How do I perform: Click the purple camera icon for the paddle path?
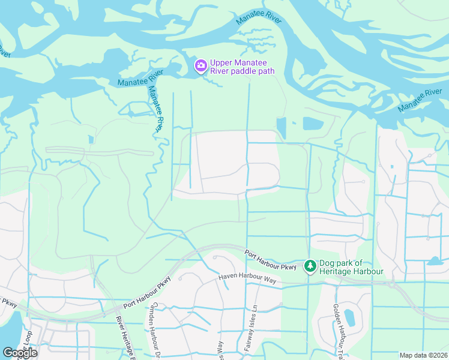point(200,66)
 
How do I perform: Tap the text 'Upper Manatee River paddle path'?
point(243,66)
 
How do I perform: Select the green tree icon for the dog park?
point(310,265)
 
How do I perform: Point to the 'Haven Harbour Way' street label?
point(246,281)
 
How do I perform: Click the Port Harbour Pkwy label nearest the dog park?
point(271,259)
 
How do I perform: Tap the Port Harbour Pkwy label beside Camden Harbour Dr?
point(147,292)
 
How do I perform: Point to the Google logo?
point(20,353)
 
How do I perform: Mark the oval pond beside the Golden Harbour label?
point(349,317)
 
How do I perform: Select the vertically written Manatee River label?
point(155,108)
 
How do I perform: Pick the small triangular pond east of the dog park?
point(435,261)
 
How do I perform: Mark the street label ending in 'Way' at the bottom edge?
point(220,350)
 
